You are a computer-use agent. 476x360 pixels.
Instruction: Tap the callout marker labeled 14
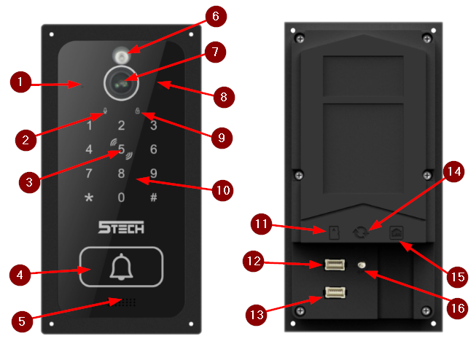point(454,172)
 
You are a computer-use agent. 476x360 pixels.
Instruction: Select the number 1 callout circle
point(21,83)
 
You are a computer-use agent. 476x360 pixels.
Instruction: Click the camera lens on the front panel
point(121,84)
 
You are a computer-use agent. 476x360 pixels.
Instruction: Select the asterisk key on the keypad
point(90,197)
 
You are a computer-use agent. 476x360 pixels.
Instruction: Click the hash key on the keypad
point(153,197)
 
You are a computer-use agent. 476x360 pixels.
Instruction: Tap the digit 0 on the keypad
point(121,197)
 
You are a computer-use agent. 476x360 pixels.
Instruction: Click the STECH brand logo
point(121,228)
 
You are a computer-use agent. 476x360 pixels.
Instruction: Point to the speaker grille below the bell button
point(126,302)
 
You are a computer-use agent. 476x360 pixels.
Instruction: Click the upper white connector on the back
point(335,264)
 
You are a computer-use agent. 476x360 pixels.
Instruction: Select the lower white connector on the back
point(335,293)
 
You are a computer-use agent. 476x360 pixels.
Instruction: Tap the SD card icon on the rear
point(332,232)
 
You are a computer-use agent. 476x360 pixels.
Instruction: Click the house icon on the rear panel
point(397,232)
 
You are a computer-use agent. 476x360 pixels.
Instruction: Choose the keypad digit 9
point(153,173)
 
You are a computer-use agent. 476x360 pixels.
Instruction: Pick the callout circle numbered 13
point(254,315)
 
